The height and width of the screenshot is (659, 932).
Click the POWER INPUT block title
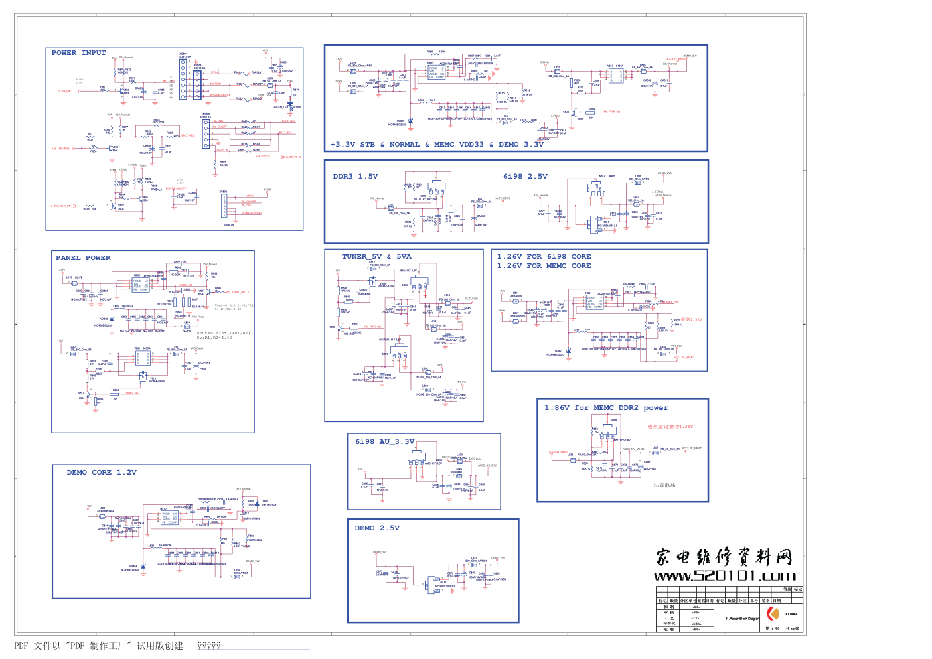[x=78, y=53]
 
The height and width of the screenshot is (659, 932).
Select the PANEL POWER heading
[x=83, y=258]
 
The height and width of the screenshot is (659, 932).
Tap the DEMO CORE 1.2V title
[x=102, y=473]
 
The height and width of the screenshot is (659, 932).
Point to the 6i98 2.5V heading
[x=525, y=177]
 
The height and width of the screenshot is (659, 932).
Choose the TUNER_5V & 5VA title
[x=376, y=257]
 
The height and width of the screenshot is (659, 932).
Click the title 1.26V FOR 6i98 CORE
[x=544, y=257]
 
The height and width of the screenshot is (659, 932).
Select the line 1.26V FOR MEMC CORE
[x=544, y=266]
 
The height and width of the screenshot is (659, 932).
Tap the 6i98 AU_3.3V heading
[x=384, y=442]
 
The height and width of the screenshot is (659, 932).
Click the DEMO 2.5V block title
[x=377, y=528]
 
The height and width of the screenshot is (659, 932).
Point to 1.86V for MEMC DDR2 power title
[x=606, y=408]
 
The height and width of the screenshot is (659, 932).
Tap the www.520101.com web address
[x=724, y=576]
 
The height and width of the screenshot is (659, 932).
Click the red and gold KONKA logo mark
[x=772, y=614]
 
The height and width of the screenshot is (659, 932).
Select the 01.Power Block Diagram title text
[x=742, y=619]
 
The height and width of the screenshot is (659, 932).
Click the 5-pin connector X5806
[x=206, y=133]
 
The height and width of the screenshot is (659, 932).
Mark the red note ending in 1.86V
[x=670, y=427]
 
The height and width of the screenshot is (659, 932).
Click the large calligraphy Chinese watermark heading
[x=724, y=556]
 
